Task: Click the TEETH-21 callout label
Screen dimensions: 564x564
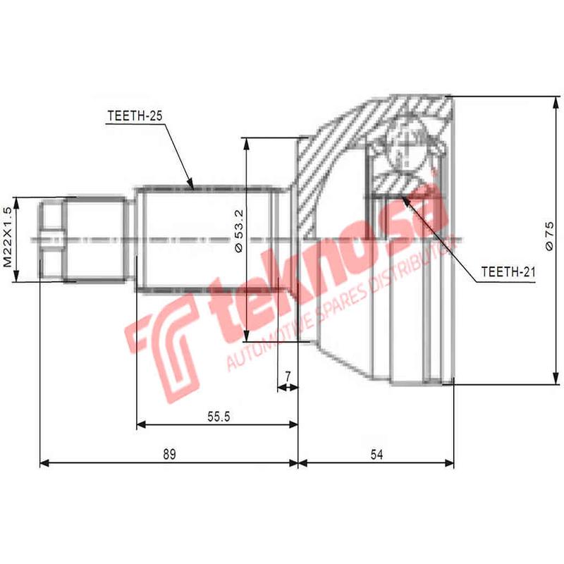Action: click(x=505, y=271)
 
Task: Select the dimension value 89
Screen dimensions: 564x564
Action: click(x=168, y=455)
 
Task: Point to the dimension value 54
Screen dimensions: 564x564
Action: click(x=376, y=455)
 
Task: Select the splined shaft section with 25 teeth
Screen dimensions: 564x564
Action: click(x=204, y=238)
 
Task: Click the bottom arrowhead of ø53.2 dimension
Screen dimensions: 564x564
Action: click(x=245, y=336)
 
